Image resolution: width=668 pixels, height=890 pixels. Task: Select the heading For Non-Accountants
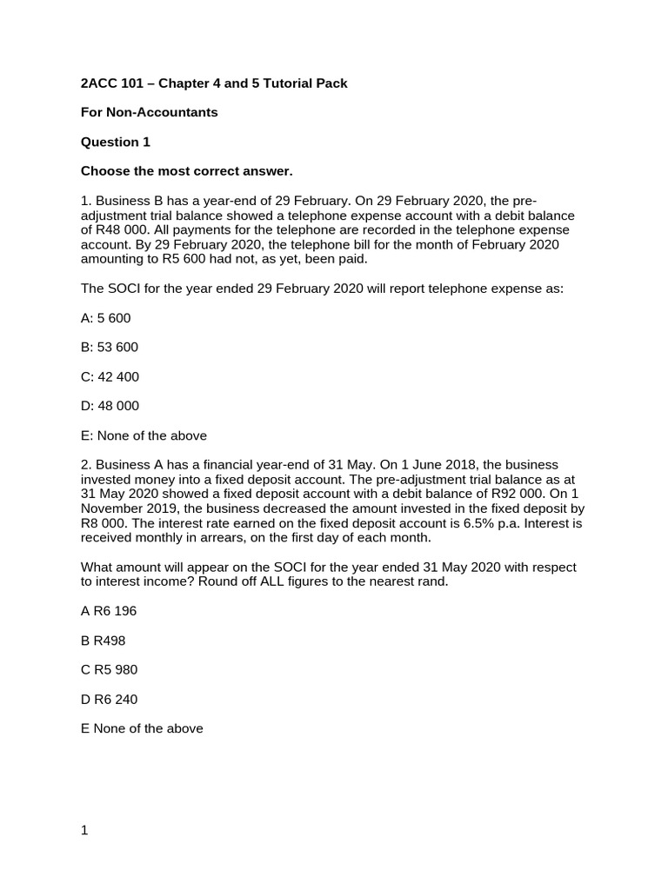click(x=149, y=112)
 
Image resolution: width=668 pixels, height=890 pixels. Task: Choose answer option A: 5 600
click(x=105, y=318)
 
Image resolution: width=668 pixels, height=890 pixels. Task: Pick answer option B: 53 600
click(x=109, y=348)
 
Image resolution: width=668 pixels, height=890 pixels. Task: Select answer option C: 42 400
click(x=110, y=377)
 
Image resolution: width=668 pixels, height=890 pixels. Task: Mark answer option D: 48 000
click(x=110, y=406)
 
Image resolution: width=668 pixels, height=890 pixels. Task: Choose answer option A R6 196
click(x=109, y=611)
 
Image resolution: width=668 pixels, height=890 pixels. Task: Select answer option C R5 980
click(x=109, y=670)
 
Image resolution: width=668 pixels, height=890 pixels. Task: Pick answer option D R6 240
click(x=109, y=700)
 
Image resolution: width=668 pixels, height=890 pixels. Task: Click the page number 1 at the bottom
click(x=84, y=830)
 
